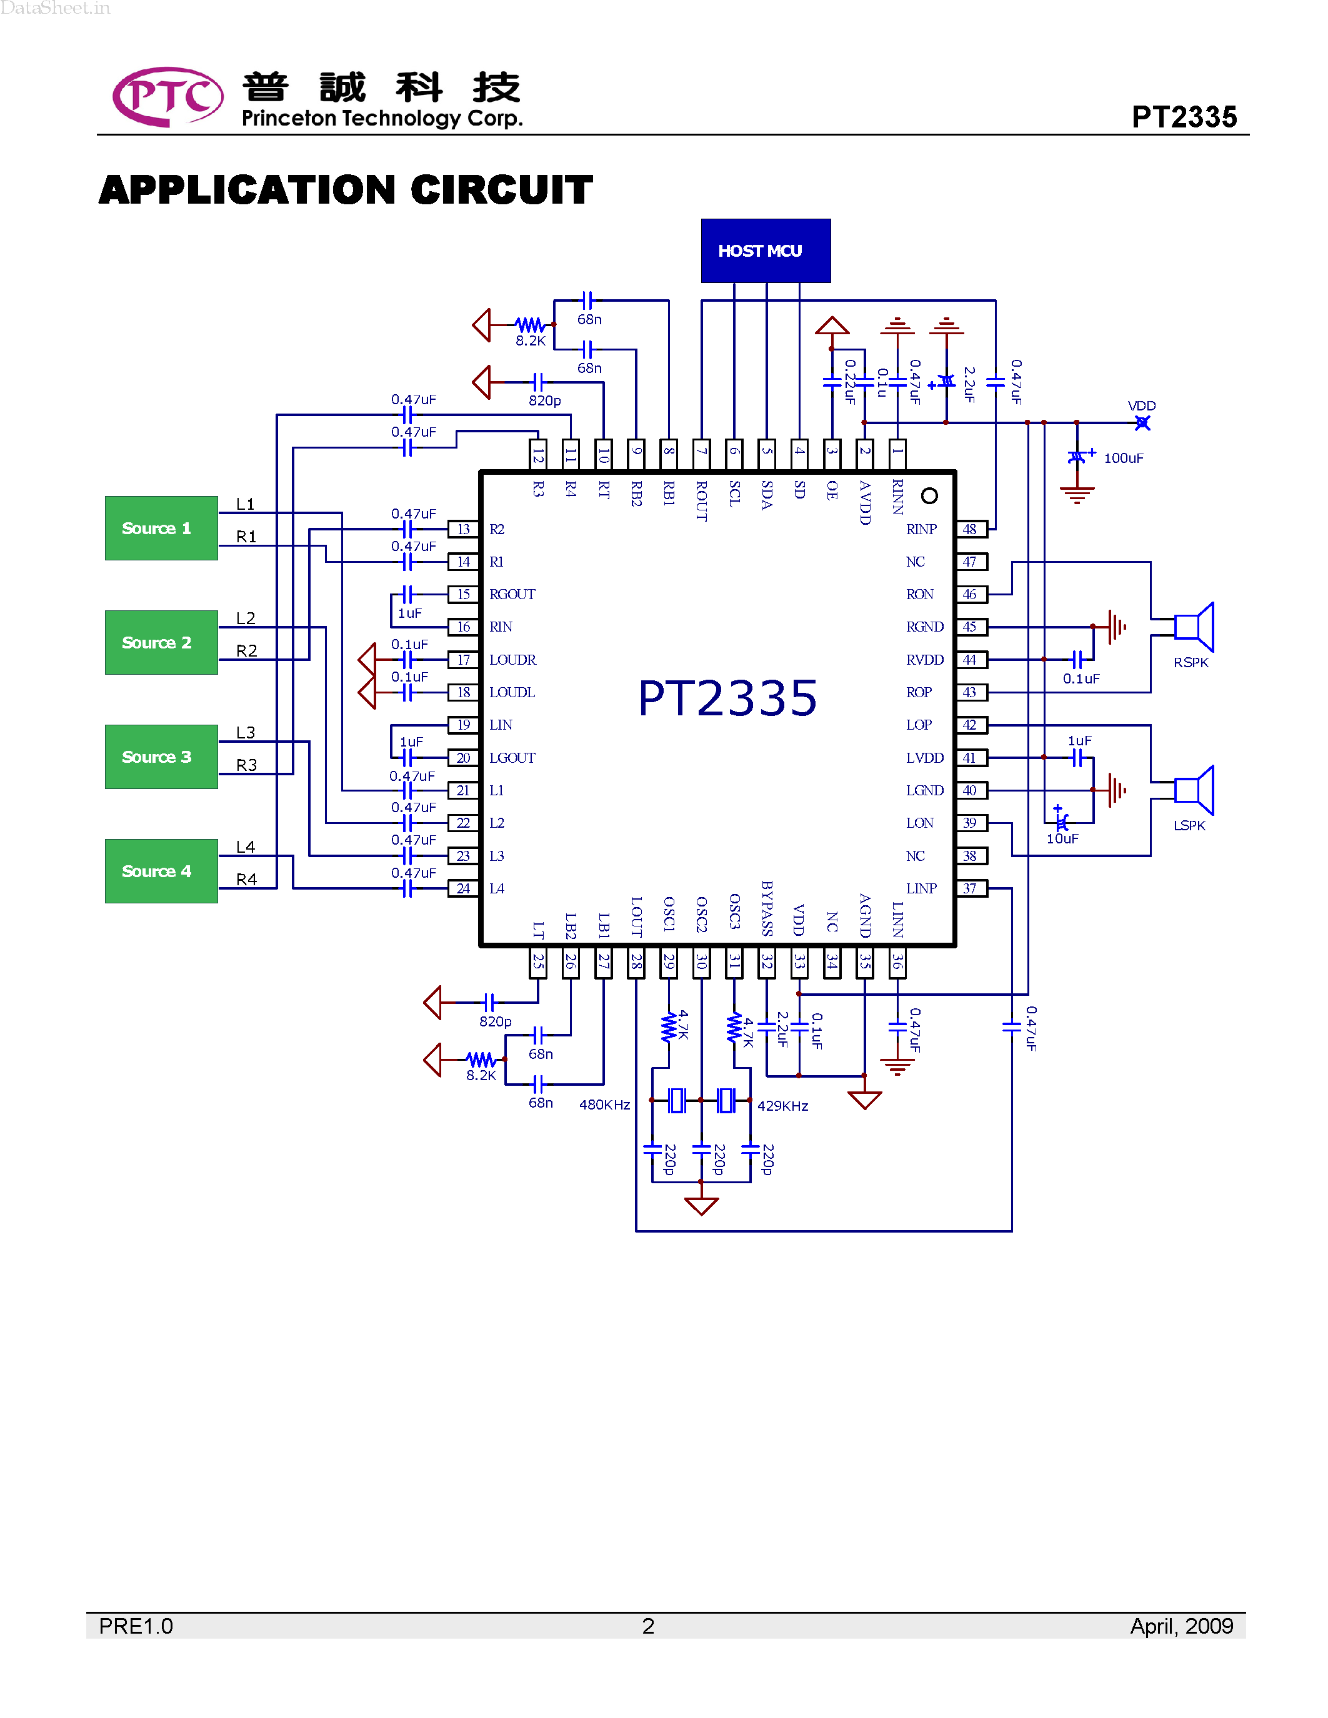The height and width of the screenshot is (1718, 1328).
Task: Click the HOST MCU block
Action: [x=765, y=251]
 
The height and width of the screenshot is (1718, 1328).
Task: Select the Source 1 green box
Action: [x=161, y=528]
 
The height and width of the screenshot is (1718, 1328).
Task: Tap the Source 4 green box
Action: [x=161, y=871]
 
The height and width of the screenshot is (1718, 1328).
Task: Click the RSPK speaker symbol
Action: [x=1194, y=627]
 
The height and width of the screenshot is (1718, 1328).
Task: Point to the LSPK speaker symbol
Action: [x=1194, y=790]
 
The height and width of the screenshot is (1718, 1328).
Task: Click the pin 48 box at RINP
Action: [x=971, y=529]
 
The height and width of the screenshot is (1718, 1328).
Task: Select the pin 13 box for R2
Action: [x=463, y=529]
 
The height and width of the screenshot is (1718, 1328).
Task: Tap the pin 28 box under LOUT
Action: [x=636, y=962]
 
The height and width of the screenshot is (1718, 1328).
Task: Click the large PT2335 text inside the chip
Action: [x=727, y=698]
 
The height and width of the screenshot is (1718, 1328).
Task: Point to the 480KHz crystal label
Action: [x=604, y=1105]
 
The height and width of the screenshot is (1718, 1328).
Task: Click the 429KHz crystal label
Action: [x=782, y=1105]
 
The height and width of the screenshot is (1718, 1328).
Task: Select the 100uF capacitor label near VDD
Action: [x=1122, y=458]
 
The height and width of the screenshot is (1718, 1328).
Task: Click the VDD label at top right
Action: [x=1142, y=406]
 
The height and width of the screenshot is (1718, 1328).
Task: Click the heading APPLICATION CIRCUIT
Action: [x=346, y=191]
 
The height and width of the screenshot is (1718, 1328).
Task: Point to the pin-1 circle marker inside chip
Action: [x=929, y=495]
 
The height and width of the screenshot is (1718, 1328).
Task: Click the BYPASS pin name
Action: [x=767, y=908]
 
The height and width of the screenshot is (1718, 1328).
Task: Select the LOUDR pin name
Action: [x=512, y=659]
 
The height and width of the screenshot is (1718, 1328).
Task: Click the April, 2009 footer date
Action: [x=1181, y=1626]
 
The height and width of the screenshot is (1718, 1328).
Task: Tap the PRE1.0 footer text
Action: [x=136, y=1626]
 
